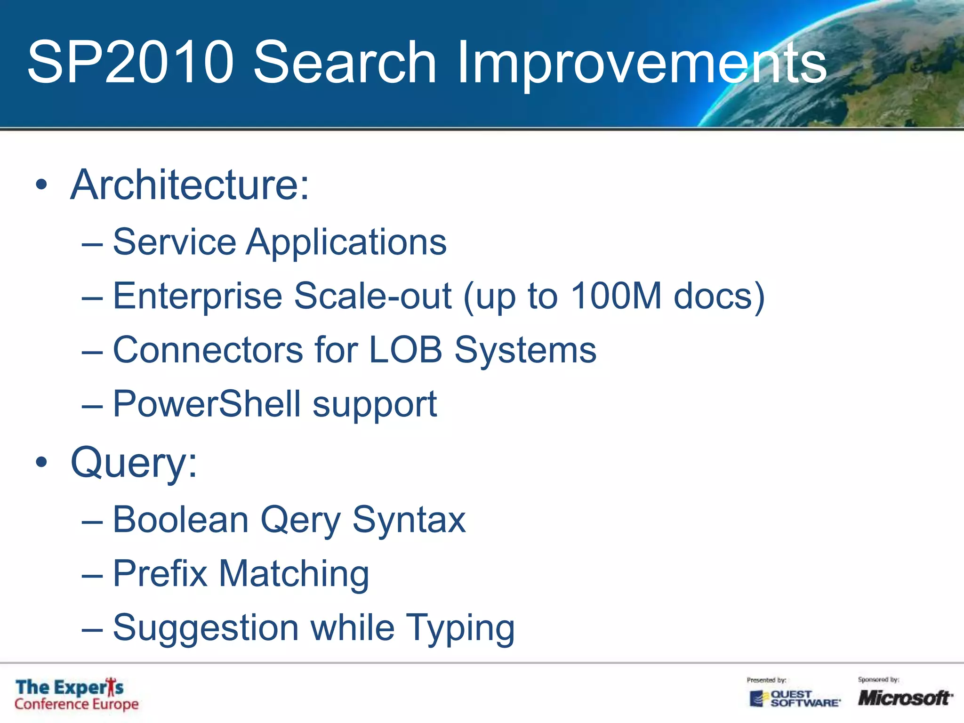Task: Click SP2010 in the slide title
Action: coord(130,63)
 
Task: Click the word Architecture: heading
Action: coord(190,185)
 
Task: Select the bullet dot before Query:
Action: coord(41,462)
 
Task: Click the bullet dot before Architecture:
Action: coord(41,185)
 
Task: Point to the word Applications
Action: coord(346,242)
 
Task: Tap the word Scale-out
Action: coord(373,296)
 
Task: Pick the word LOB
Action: coord(405,350)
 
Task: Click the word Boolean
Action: coord(181,520)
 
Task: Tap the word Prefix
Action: coord(160,574)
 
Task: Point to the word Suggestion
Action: coord(206,628)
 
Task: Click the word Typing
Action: coord(460,628)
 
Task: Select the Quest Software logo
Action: coord(795,699)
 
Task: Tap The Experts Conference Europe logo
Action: coord(76,695)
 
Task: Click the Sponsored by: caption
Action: coord(878,680)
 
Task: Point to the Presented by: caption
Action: coord(766,680)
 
